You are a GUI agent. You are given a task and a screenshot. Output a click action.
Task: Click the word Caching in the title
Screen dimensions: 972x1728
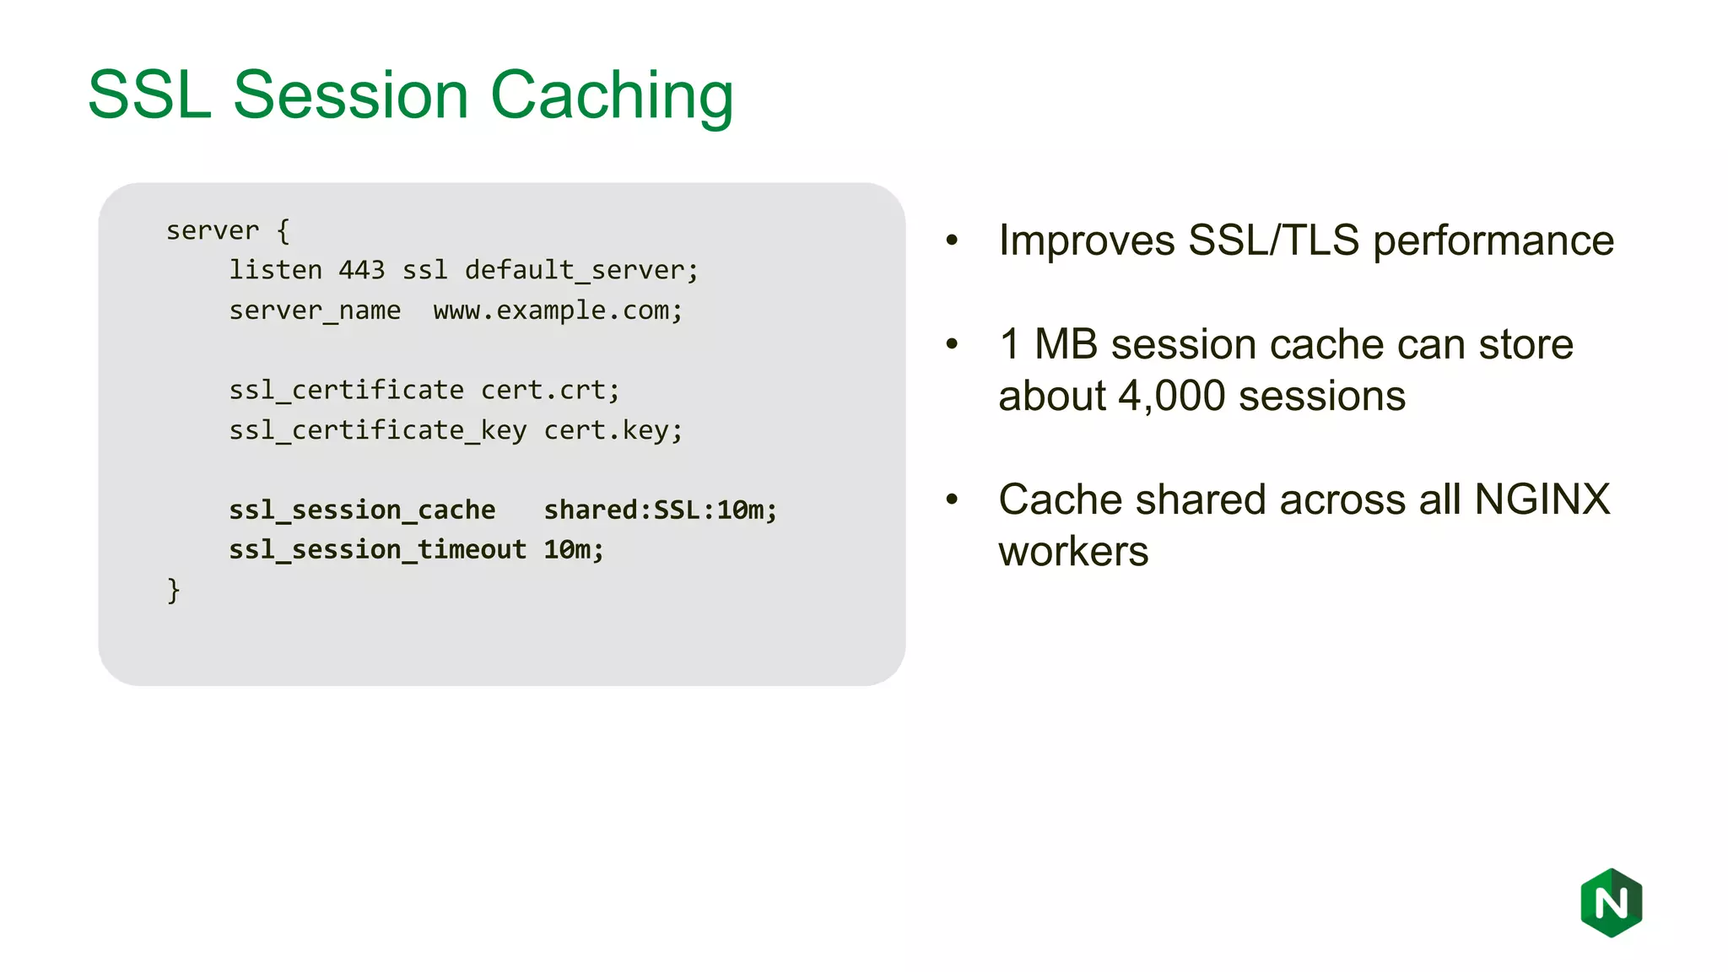coord(612,95)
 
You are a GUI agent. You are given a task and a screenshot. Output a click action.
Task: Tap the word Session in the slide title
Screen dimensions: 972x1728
coord(350,95)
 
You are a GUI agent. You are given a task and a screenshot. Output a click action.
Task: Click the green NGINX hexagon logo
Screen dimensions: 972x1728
coord(1611,903)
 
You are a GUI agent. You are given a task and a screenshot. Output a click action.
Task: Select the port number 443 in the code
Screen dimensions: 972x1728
coord(361,270)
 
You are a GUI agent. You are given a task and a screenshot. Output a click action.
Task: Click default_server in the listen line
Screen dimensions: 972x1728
coord(580,270)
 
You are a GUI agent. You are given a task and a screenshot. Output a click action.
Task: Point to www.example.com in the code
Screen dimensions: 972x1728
coord(557,310)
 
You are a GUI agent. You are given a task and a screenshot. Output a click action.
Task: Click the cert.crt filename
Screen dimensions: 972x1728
coord(549,390)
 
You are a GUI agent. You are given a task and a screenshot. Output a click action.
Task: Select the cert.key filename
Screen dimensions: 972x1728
coord(613,430)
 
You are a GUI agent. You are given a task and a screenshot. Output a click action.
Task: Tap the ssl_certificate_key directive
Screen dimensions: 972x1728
coord(377,430)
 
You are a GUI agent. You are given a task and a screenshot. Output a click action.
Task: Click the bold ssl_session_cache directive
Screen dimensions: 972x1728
coord(362,510)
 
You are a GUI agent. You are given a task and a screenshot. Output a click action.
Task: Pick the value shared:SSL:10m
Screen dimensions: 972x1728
coord(660,510)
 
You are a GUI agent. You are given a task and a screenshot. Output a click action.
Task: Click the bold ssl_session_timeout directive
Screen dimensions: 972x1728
coord(377,549)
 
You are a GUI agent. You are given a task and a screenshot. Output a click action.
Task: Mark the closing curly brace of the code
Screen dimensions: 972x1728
coord(173,590)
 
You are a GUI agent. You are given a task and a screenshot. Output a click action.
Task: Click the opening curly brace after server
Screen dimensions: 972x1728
coord(283,230)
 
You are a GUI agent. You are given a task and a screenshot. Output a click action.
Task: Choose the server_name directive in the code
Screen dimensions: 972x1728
coord(315,310)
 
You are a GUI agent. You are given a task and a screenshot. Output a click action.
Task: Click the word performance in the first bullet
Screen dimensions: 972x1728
coord(1493,241)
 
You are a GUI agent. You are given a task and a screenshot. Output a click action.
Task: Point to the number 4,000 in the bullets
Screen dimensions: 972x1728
coord(1171,396)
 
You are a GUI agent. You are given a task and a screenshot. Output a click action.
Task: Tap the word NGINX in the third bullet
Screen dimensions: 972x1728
coord(1542,499)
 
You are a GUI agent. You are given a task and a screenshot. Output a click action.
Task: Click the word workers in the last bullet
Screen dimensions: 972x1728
coord(1073,552)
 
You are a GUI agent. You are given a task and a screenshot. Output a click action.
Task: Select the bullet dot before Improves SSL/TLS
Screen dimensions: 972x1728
coord(953,240)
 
